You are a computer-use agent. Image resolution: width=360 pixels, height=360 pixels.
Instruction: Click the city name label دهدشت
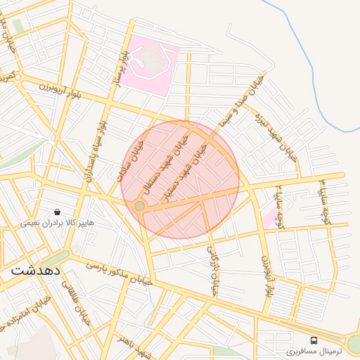pos(35,270)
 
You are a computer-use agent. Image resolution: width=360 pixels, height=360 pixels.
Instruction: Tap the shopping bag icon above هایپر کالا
pos(56,212)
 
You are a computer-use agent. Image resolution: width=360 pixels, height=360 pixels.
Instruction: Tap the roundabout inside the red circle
pos(140,205)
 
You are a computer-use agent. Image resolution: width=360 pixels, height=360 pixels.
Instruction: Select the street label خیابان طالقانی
pos(78,308)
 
